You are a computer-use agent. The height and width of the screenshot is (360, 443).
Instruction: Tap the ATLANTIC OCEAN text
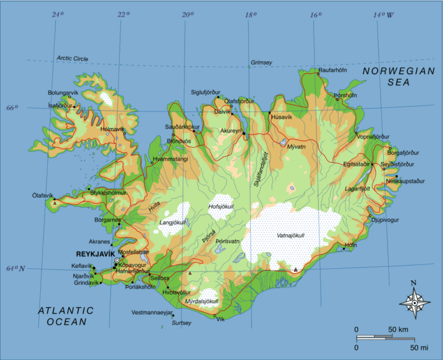pyautogui.click(x=66, y=316)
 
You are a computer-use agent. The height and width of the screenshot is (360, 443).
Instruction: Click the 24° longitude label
pyautogui.click(x=58, y=13)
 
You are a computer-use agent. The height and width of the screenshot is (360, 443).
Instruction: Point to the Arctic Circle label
pyautogui.click(x=72, y=59)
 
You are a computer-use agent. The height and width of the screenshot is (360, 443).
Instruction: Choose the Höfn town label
pyautogui.click(x=350, y=245)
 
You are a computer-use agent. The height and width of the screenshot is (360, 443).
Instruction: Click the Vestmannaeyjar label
pyautogui.click(x=151, y=313)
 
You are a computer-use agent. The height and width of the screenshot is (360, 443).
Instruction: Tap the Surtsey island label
pyautogui.click(x=181, y=322)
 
